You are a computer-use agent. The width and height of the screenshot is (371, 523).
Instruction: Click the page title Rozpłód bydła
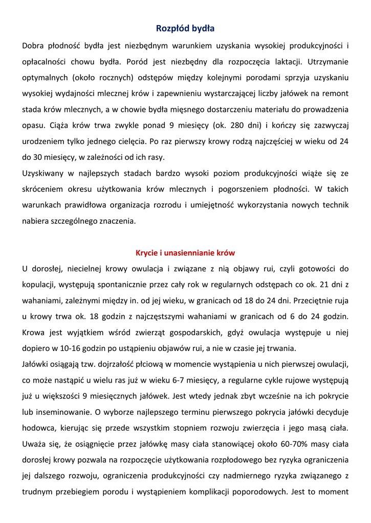pos(185,28)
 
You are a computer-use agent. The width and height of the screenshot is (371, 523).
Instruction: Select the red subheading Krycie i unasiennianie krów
pos(185,253)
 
